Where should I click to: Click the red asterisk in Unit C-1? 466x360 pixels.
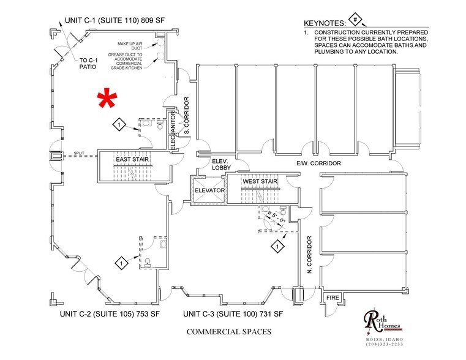tap(108, 98)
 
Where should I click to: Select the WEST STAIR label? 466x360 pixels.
tap(260, 182)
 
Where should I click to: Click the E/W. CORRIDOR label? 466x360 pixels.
tap(318, 163)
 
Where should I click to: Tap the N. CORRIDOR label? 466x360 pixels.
tap(310, 254)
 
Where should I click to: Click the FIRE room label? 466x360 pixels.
tap(332, 298)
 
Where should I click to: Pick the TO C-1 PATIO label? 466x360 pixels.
tap(89, 63)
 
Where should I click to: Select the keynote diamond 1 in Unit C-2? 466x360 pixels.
tap(121, 263)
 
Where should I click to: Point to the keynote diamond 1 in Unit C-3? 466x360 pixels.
tap(278, 247)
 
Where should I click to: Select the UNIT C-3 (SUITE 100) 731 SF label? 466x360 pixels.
tap(233, 314)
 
